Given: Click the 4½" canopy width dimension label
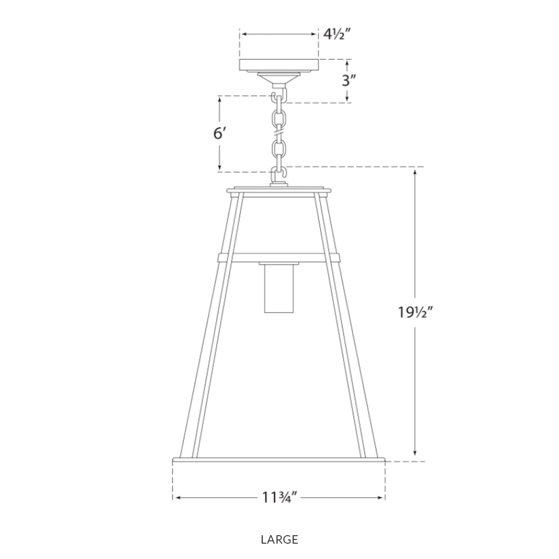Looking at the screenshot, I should point(337,34).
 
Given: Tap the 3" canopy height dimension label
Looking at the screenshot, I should point(349,81).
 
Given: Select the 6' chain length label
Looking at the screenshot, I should point(219,134).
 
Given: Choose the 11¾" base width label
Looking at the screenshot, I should point(279,498).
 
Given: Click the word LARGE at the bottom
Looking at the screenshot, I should point(279,540).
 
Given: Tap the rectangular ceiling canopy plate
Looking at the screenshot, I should point(279,65).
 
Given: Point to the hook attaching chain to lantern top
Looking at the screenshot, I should point(279,176).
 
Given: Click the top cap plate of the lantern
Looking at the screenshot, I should point(279,191).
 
